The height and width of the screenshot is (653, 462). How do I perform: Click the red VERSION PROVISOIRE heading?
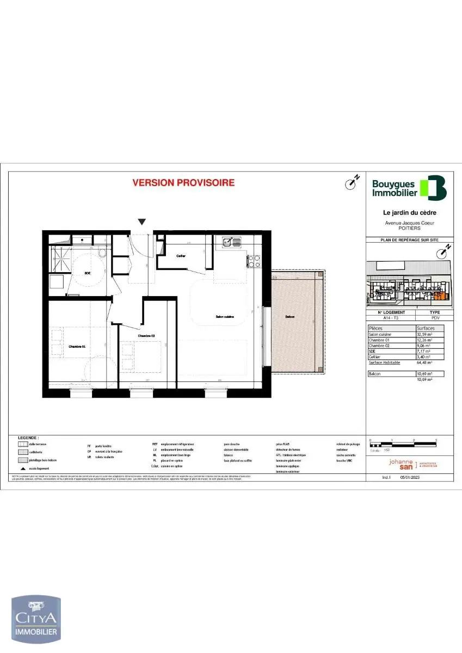[x=183, y=183]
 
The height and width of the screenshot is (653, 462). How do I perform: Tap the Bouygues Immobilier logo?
[x=409, y=188]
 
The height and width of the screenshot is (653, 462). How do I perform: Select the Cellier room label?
[x=181, y=255]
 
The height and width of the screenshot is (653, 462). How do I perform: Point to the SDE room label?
[x=87, y=273]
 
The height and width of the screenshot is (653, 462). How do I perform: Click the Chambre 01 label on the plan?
[x=77, y=346]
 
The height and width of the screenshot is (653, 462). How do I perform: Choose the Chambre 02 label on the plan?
[x=146, y=336]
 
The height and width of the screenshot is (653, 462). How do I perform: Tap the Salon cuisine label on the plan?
[x=225, y=316]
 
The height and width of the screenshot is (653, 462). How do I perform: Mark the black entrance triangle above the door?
[x=142, y=221]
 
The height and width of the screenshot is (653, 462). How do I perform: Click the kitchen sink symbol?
[x=231, y=241]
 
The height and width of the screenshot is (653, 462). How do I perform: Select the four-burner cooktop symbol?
[x=254, y=261]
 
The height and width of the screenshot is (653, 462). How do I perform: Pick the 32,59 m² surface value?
[x=425, y=334]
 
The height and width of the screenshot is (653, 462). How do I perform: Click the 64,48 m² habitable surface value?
[x=424, y=362]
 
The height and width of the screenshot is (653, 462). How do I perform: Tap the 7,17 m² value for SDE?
[x=424, y=351]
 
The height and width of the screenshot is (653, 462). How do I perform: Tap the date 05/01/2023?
[x=410, y=477]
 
